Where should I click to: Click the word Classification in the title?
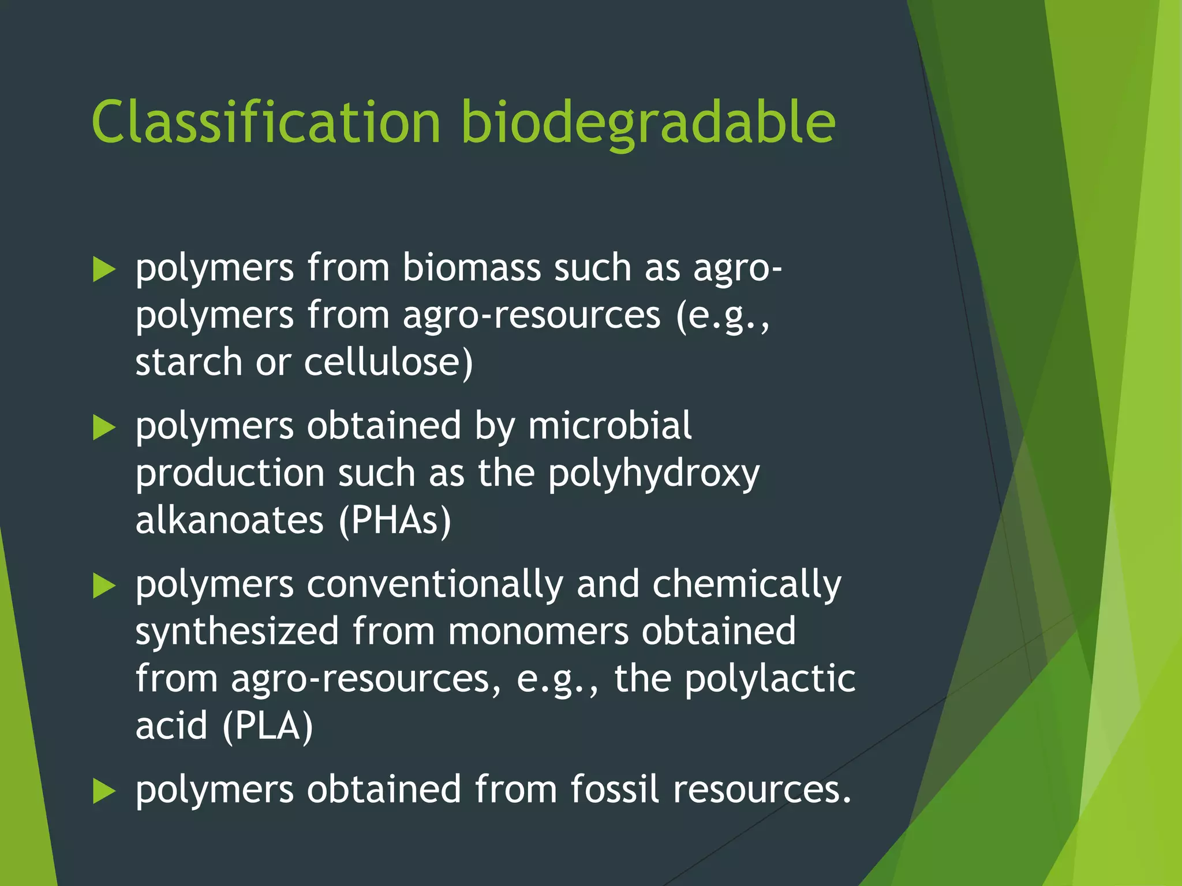[266, 122]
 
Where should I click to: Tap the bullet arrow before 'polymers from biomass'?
[104, 269]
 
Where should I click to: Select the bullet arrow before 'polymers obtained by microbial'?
[104, 427]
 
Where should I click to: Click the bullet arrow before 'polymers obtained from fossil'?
[104, 791]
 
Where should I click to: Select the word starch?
[189, 362]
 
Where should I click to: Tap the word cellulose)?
[388, 362]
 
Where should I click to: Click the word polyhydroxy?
[653, 474]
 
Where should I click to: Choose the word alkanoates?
[229, 520]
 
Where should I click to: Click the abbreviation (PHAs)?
[395, 520]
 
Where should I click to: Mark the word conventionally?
[435, 584]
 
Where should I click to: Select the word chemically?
[747, 585]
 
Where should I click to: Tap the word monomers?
[538, 632]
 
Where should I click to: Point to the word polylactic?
[770, 679]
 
